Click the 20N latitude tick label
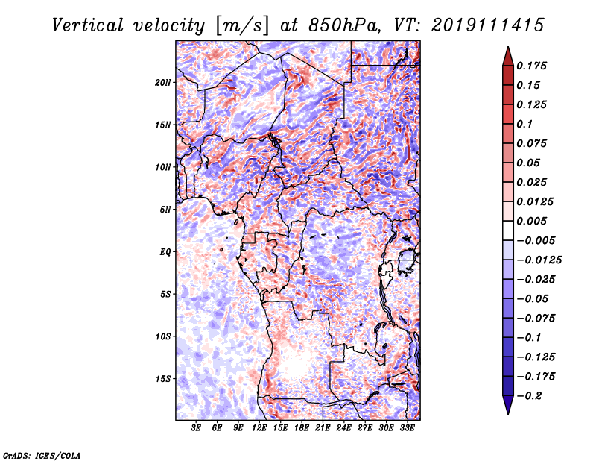[163, 82]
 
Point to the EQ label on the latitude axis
[165, 251]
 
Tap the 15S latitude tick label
[163, 379]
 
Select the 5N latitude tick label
[165, 210]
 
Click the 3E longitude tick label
[196, 428]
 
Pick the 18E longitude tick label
[302, 428]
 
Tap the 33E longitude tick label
[407, 428]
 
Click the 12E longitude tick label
[259, 428]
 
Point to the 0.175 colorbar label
[532, 66]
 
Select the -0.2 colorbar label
[529, 396]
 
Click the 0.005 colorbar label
[532, 221]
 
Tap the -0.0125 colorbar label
[539, 260]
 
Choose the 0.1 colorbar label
[524, 124]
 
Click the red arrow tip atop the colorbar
[508, 47]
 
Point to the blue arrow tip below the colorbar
[508, 413]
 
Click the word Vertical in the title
[88, 25]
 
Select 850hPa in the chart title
[345, 25]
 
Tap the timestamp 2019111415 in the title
[488, 25]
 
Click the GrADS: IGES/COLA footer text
[42, 456]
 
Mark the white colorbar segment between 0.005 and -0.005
[508, 230]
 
